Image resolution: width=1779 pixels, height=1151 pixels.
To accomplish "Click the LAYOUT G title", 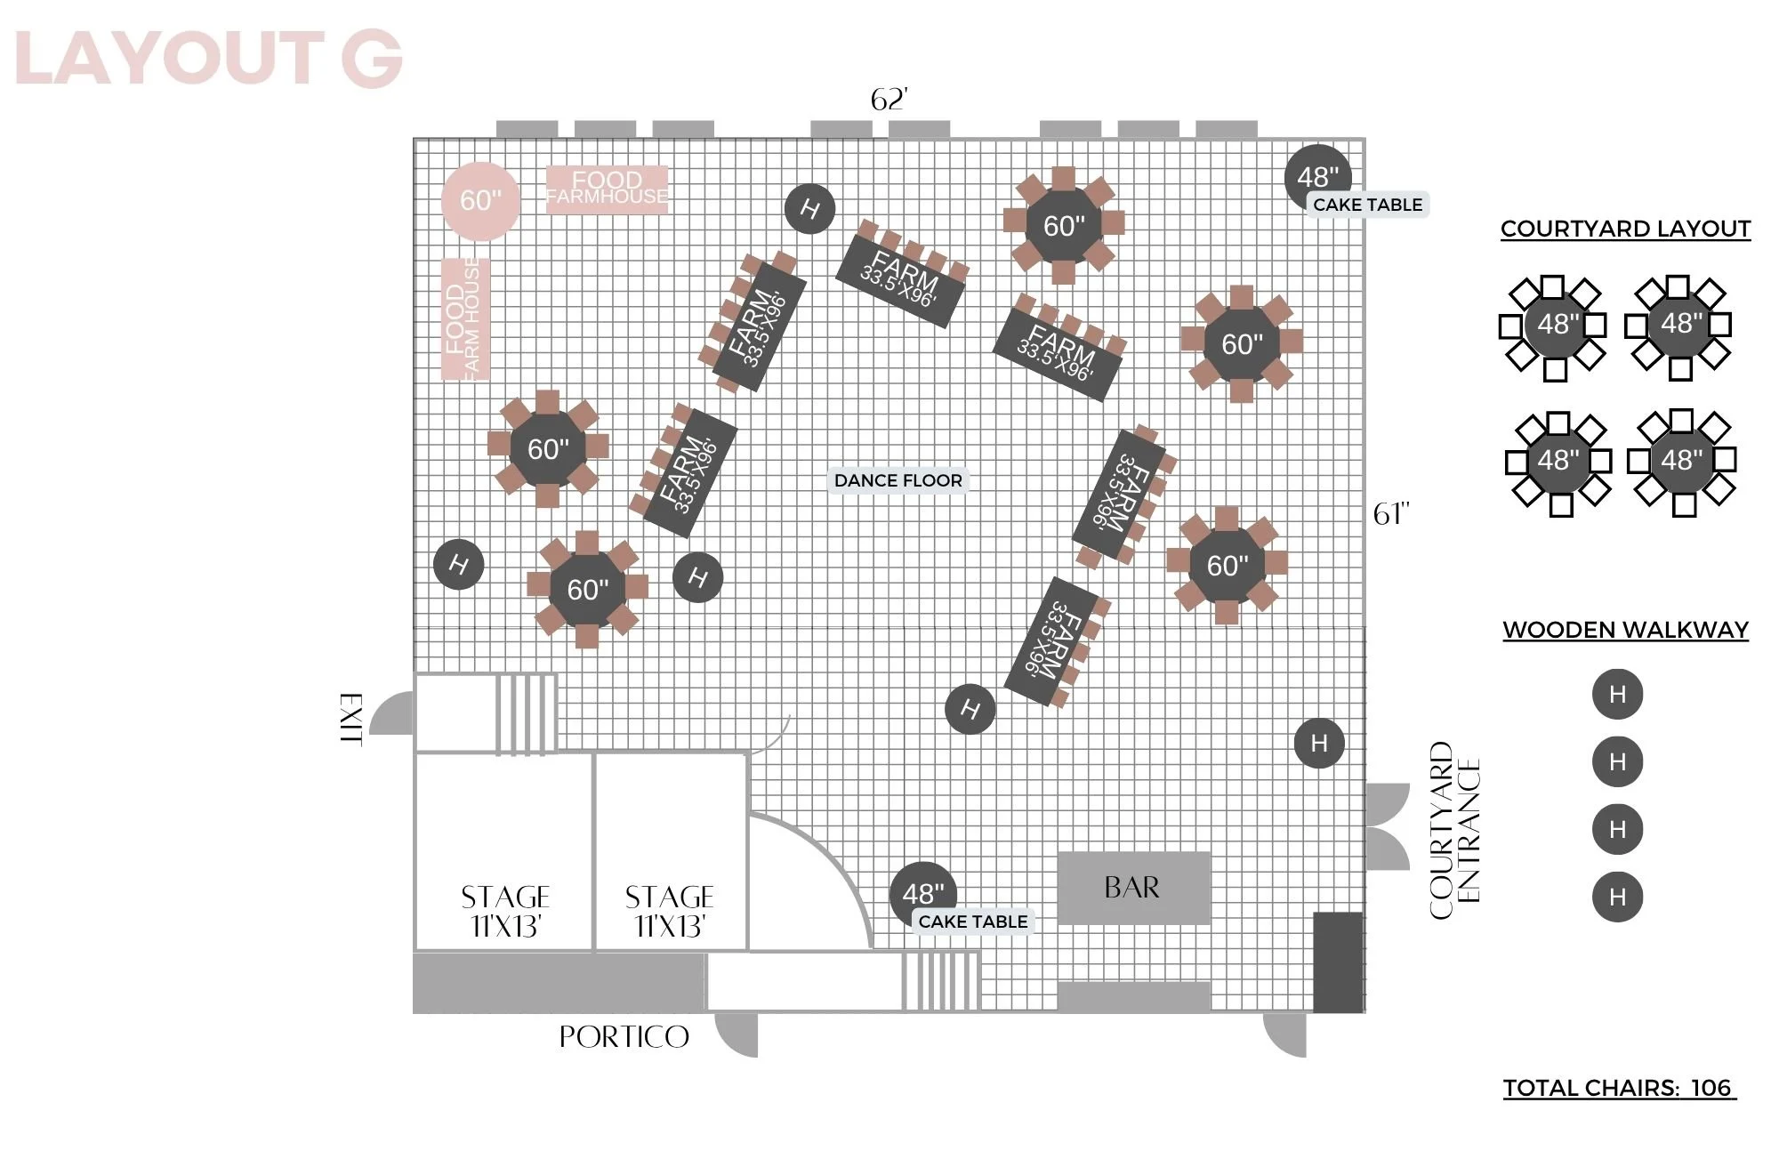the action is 209,59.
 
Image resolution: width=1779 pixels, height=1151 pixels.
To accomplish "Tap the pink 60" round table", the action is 480,201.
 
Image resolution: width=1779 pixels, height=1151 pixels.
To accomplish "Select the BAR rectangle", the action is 1133,888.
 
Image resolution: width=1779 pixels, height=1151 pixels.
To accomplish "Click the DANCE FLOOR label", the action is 898,480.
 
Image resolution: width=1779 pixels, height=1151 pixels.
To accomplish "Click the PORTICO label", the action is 624,1037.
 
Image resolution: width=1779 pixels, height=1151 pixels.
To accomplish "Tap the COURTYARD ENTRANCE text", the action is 1454,830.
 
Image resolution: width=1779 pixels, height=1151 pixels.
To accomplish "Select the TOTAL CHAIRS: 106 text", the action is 1619,1088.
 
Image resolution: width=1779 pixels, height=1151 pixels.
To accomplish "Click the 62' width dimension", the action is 889,100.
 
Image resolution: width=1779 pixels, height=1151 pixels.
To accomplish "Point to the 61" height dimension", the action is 1391,514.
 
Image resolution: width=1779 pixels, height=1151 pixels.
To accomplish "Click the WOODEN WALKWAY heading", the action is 1625,630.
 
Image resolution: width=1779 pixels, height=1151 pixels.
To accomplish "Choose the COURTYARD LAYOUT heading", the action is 1625,229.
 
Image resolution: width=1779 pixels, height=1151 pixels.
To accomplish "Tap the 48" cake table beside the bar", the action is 923,894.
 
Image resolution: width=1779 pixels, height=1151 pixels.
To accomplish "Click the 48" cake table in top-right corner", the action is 1318,178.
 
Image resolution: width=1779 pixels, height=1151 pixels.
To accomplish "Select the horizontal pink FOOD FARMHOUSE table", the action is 607,189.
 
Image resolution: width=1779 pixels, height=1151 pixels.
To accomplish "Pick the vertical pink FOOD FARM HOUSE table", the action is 465,319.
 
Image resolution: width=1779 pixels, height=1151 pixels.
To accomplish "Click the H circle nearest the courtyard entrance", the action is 1319,743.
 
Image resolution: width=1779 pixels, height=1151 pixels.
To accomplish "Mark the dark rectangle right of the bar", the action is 1339,962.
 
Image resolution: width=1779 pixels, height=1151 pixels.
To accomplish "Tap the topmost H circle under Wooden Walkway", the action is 1617,694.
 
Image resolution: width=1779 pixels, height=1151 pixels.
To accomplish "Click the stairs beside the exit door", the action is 526,713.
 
